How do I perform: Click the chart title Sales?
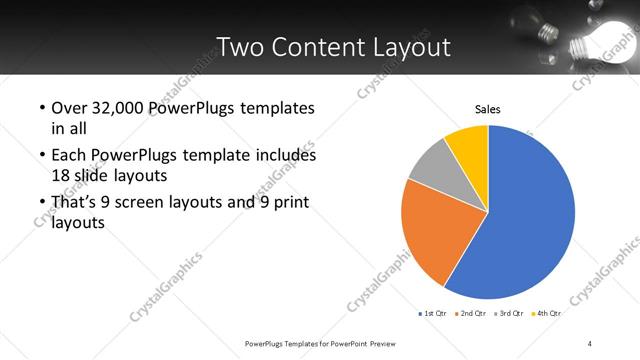point(487,109)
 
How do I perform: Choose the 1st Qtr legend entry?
point(433,313)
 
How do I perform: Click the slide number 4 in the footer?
point(590,343)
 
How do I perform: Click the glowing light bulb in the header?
point(590,40)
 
